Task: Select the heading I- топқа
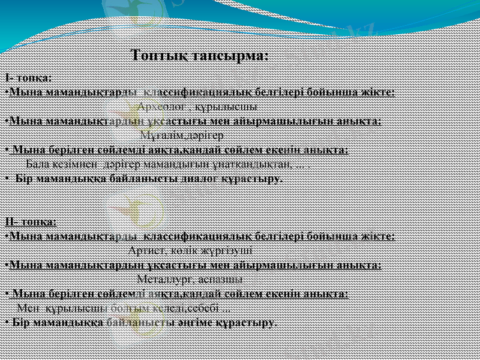(x=28, y=79)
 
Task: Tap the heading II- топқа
(x=31, y=221)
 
